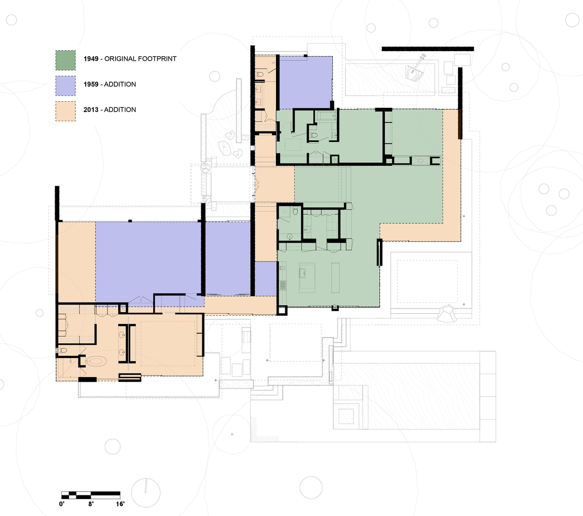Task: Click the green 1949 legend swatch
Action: pyautogui.click(x=66, y=60)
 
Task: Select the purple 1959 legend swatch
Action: pyautogui.click(x=66, y=86)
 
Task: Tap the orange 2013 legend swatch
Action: pyautogui.click(x=66, y=111)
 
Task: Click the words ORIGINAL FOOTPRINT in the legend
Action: pyautogui.click(x=140, y=59)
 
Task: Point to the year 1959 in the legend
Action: pyautogui.click(x=91, y=85)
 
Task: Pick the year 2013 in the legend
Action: pyautogui.click(x=91, y=110)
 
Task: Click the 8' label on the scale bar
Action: pyautogui.click(x=91, y=504)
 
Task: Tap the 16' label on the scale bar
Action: pyautogui.click(x=120, y=504)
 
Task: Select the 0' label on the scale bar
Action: pyautogui.click(x=62, y=504)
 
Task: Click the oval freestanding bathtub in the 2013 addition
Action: pyautogui.click(x=96, y=361)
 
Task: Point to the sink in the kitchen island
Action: pyautogui.click(x=302, y=273)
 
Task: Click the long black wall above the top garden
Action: pyautogui.click(x=428, y=49)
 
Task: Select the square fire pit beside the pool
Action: pyautogui.click(x=346, y=416)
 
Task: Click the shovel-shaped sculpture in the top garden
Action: pyautogui.click(x=416, y=69)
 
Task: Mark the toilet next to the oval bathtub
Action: pyautogui.click(x=63, y=350)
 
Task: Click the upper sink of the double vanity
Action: pyautogui.click(x=122, y=334)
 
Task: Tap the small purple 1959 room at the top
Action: pyautogui.click(x=305, y=82)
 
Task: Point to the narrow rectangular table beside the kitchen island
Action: pyautogui.click(x=335, y=278)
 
